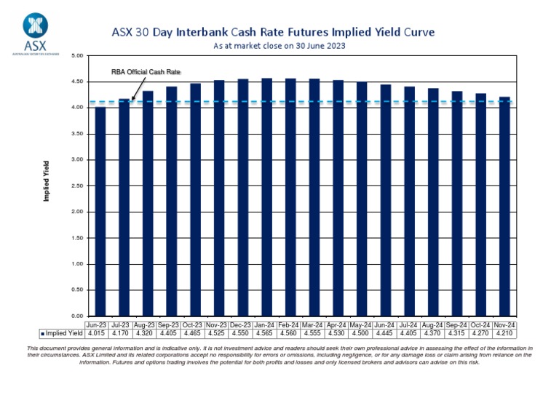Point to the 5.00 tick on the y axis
point(77,55)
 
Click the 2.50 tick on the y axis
point(77,185)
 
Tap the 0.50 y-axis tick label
point(77,290)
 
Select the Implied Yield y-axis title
point(46,181)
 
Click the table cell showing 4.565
point(267,333)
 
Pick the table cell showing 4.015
point(97,333)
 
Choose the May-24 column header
point(362,324)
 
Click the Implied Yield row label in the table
point(61,333)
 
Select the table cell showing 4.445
point(386,333)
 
